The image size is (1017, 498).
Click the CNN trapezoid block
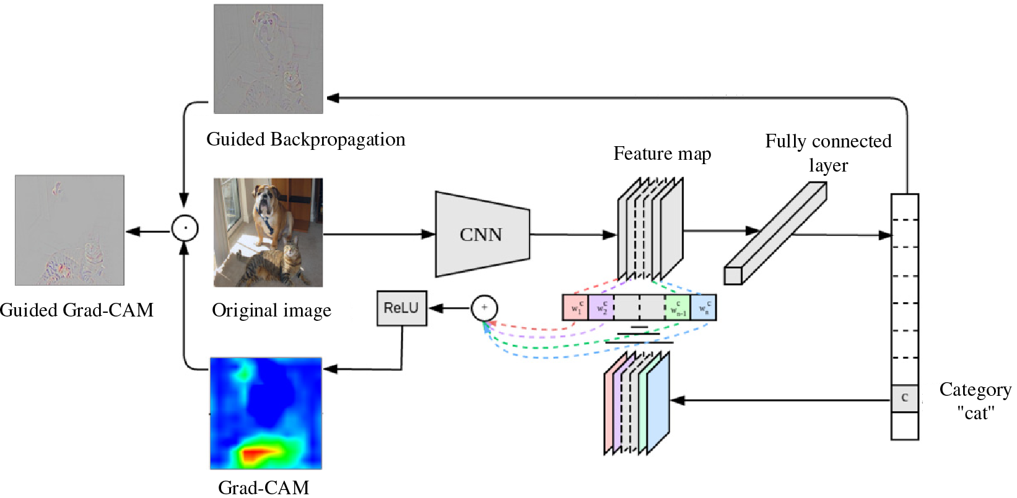pyautogui.click(x=482, y=234)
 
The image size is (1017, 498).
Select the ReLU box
pyautogui.click(x=401, y=308)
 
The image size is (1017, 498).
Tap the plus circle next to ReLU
pyautogui.click(x=484, y=308)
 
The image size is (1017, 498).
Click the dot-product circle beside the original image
pyautogui.click(x=185, y=228)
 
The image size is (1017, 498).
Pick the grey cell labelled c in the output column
pyautogui.click(x=904, y=398)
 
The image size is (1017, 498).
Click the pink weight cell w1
pyautogui.click(x=575, y=308)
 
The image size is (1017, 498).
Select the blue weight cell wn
pyautogui.click(x=704, y=308)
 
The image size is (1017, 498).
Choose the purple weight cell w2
pyautogui.click(x=601, y=308)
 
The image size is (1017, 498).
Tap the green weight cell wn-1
pyautogui.click(x=678, y=308)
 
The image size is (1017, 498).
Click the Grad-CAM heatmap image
pyautogui.click(x=266, y=413)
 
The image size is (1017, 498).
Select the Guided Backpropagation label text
pyautogui.click(x=306, y=139)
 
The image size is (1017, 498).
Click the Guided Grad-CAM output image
pyautogui.click(x=69, y=230)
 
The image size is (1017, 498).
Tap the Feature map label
pyautogui.click(x=662, y=154)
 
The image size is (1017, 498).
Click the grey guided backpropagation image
pyautogui.click(x=268, y=59)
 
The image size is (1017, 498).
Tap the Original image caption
pyautogui.click(x=271, y=310)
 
